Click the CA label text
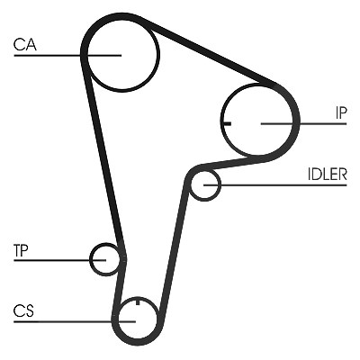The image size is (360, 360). pyautogui.click(x=25, y=44)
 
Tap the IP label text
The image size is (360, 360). pyautogui.click(x=341, y=112)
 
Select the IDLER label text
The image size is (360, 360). pyautogui.click(x=328, y=174)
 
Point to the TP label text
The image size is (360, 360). pyautogui.click(x=21, y=250)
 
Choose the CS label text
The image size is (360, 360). pyautogui.click(x=23, y=310)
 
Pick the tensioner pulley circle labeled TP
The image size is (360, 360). pyautogui.click(x=91, y=259)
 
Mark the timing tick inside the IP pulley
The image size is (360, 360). pyautogui.click(x=226, y=123)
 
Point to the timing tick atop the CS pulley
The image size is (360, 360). pyautogui.click(x=138, y=301)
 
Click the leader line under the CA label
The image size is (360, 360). pyautogui.click(x=67, y=55)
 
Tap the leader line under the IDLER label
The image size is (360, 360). pyautogui.click(x=275, y=184)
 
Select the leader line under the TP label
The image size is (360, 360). pyautogui.click(x=59, y=260)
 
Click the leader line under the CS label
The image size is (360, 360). pyautogui.click(x=75, y=321)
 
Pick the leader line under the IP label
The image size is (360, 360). pyautogui.click(x=304, y=123)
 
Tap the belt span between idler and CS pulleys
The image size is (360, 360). pyautogui.click(x=174, y=249)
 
